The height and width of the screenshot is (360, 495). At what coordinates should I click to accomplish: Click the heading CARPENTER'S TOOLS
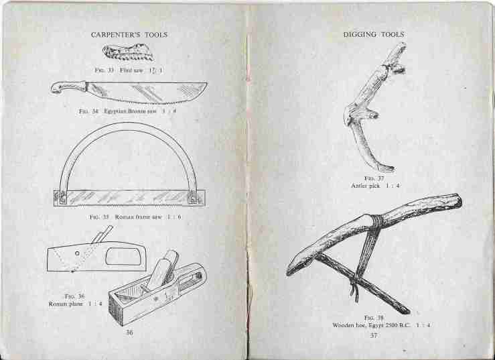[129, 35]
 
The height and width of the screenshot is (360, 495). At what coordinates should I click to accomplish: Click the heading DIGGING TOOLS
[374, 34]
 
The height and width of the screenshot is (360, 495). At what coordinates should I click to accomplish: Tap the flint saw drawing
[128, 52]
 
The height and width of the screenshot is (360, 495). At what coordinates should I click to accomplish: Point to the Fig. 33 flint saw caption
[129, 70]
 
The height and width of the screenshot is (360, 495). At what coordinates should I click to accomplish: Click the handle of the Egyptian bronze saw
[68, 88]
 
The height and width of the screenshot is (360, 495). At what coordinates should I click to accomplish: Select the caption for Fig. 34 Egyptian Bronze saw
[127, 111]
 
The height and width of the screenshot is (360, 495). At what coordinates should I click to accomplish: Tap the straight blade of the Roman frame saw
[129, 198]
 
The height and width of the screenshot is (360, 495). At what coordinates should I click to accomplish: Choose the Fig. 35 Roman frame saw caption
[135, 217]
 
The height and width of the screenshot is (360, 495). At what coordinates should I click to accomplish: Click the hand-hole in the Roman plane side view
[123, 256]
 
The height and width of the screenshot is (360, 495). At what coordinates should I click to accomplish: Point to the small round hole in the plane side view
[77, 253]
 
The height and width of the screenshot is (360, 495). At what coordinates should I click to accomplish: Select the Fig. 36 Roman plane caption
[75, 300]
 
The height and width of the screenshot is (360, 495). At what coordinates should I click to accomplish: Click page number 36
[129, 333]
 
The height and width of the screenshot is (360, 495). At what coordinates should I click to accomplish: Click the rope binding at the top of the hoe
[376, 221]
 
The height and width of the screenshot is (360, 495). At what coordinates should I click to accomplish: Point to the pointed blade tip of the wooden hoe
[288, 273]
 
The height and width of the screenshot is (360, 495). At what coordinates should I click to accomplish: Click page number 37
[374, 335]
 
